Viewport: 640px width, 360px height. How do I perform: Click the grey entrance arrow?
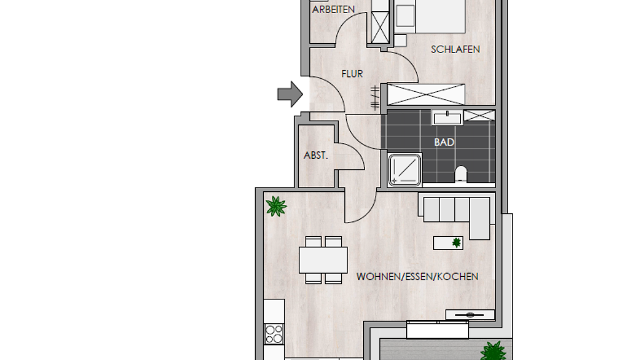pos(290,94)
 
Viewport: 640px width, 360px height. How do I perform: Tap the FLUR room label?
pos(352,74)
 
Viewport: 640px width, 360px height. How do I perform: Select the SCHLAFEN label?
pos(455,49)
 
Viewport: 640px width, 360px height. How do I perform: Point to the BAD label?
pos(444,142)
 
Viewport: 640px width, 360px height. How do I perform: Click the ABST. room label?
pos(316,156)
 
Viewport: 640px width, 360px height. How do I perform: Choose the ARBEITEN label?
pos(334,9)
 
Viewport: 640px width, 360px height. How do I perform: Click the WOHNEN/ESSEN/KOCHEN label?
pos(417,277)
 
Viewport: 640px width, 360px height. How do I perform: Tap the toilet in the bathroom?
pos(461,174)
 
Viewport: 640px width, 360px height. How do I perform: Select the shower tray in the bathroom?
pos(404,169)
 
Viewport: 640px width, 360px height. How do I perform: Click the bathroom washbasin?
pos(447,117)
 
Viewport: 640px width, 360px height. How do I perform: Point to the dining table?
pos(323,260)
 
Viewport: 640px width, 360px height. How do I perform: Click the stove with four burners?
pos(274,334)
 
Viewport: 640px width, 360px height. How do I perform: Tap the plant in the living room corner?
pos(276,206)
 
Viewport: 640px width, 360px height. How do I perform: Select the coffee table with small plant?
pos(448,243)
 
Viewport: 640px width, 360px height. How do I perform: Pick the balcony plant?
pos(494,351)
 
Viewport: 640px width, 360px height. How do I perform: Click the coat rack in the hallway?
pos(375,98)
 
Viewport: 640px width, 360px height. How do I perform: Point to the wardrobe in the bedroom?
pos(426,94)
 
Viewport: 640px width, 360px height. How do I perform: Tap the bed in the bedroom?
pos(430,16)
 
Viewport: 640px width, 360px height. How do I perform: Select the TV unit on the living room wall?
pos(470,315)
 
